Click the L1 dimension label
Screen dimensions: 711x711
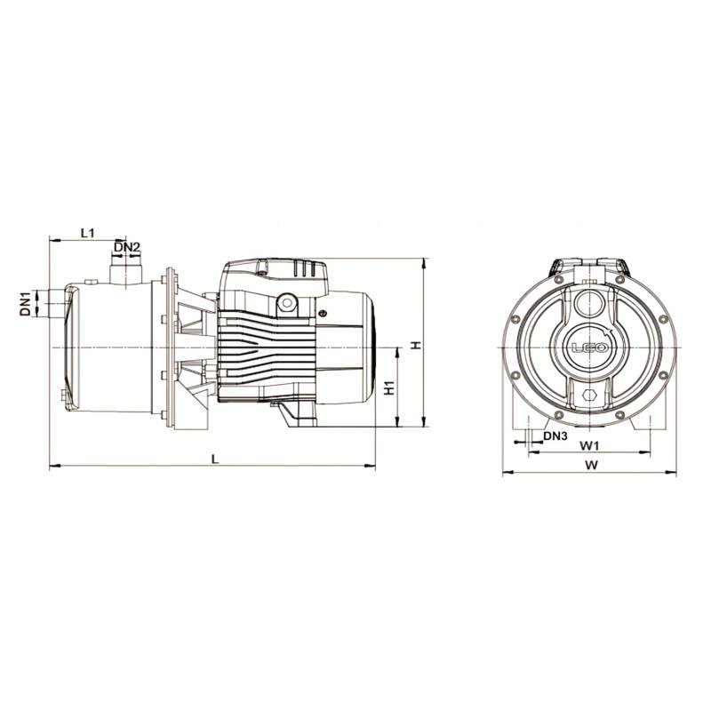pos(86,233)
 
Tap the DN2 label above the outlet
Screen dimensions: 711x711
pos(126,246)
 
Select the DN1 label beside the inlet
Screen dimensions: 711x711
pos(26,303)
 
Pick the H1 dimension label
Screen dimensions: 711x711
pos(388,387)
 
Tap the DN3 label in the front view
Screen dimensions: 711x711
pos(555,436)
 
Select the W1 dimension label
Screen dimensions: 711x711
pos(590,444)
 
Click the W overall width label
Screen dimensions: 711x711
pos(590,465)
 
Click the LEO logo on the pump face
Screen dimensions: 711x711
pos(587,349)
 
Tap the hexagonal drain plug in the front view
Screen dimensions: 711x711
pos(587,395)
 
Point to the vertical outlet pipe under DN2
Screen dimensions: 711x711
pos(124,270)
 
